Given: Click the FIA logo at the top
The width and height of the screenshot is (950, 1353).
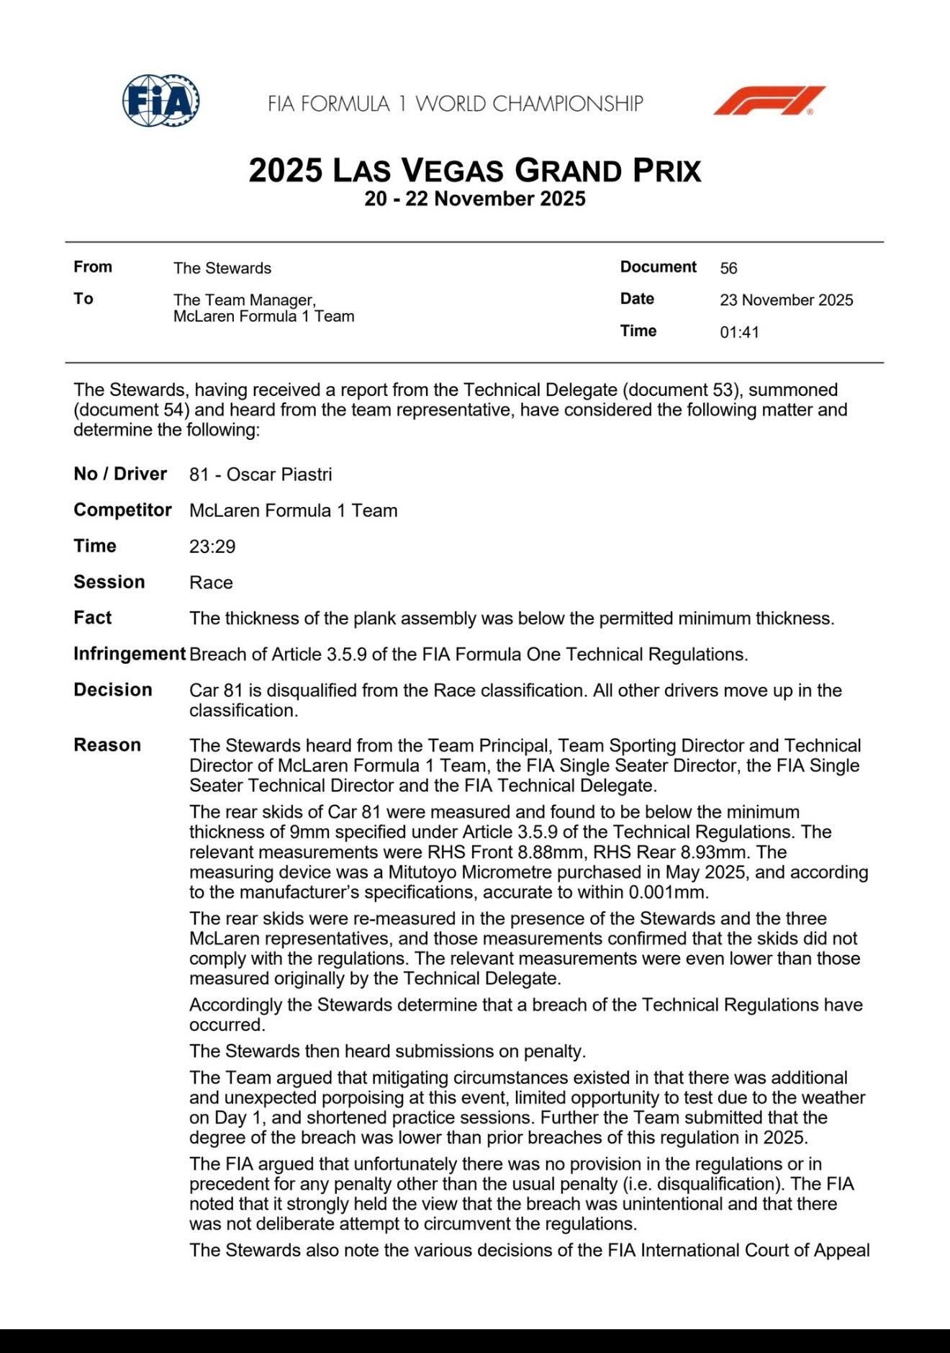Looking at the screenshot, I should pos(160,101).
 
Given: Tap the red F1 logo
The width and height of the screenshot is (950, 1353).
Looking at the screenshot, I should pos(769,101).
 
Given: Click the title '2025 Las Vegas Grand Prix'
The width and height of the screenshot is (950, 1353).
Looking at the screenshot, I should pos(474,171).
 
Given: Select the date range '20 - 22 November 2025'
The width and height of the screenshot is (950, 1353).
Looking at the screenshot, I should pos(474,199).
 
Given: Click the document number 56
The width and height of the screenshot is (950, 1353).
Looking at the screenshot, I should pos(728,268).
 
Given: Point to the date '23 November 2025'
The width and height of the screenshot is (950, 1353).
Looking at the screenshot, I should pos(786,300).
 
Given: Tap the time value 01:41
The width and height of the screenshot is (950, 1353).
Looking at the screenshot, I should pos(739,332).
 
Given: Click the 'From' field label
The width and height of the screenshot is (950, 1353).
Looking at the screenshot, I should pos(93,267).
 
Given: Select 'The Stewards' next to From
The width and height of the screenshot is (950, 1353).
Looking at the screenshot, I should pos(222,268).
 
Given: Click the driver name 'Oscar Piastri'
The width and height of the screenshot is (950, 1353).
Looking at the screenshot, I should pos(279,475).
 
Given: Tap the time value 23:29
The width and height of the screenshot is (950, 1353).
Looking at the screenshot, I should pos(212,547).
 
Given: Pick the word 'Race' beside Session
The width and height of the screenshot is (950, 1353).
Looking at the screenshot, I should pos(211,583).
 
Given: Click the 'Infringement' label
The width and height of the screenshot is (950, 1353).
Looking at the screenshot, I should pos(130,654).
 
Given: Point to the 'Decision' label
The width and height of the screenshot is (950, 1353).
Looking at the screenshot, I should pos(113,690).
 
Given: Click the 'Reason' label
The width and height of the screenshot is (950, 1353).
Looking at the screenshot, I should pos(107,745).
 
